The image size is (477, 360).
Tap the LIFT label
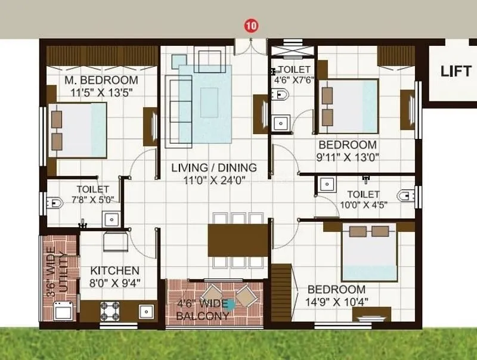(x=456, y=71)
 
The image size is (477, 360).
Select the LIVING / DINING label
(x=213, y=167)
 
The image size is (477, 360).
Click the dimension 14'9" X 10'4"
(x=338, y=302)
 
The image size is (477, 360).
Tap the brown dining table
(x=237, y=239)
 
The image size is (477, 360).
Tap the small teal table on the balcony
(x=228, y=303)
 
